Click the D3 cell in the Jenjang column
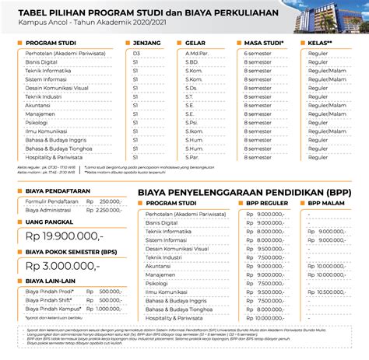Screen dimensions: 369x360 (x=137, y=52)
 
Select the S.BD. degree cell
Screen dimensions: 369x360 (x=191, y=61)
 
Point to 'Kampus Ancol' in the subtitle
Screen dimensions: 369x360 (x=27, y=23)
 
